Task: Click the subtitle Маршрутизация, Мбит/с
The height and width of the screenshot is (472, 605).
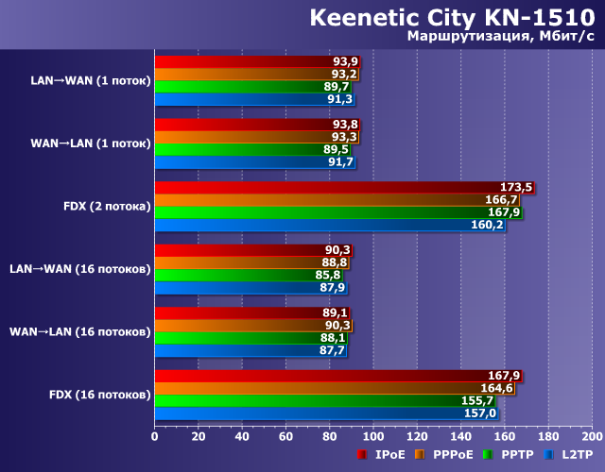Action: pyautogui.click(x=500, y=37)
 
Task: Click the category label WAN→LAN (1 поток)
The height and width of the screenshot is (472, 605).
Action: pyautogui.click(x=91, y=143)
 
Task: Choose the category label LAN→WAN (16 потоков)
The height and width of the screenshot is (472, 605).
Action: pyautogui.click(x=80, y=269)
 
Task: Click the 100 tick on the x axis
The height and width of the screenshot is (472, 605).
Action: pyautogui.click(x=372, y=436)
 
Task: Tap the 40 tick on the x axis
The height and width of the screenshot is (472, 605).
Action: pyautogui.click(x=242, y=436)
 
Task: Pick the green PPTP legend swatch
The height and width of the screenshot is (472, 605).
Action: pyautogui.click(x=488, y=455)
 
